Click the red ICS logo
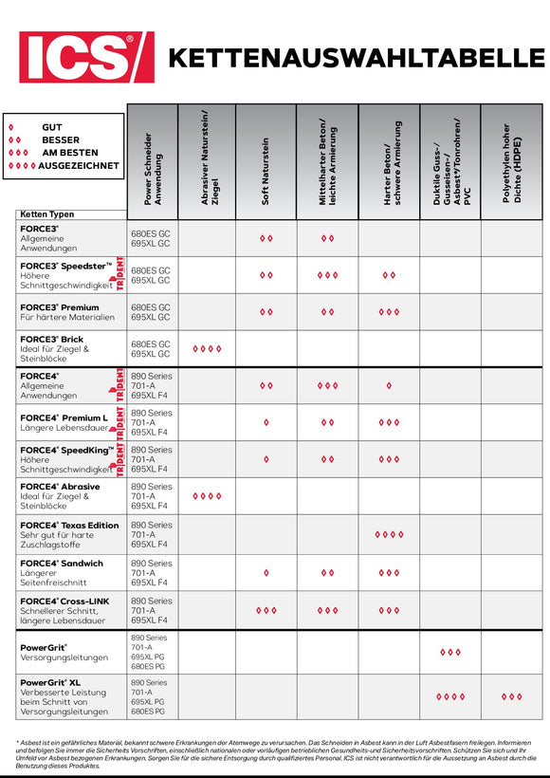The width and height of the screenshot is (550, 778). point(86,57)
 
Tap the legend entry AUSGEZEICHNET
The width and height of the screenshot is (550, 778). point(79,165)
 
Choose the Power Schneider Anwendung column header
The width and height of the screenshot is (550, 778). point(153,166)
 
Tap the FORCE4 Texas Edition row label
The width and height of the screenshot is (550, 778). point(68,535)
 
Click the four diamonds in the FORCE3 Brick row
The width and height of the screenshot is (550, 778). point(207,349)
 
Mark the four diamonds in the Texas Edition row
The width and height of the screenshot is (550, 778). point(389,535)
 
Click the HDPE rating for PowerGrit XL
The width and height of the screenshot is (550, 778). point(512,696)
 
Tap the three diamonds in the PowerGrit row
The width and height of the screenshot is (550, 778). point(450,653)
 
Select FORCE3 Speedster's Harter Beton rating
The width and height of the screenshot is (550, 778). point(389,275)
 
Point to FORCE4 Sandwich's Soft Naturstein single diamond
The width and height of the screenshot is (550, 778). point(266,573)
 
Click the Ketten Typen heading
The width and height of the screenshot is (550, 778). point(47,214)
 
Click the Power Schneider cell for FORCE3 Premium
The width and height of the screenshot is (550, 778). point(151,312)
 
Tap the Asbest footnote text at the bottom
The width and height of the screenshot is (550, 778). point(274,754)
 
